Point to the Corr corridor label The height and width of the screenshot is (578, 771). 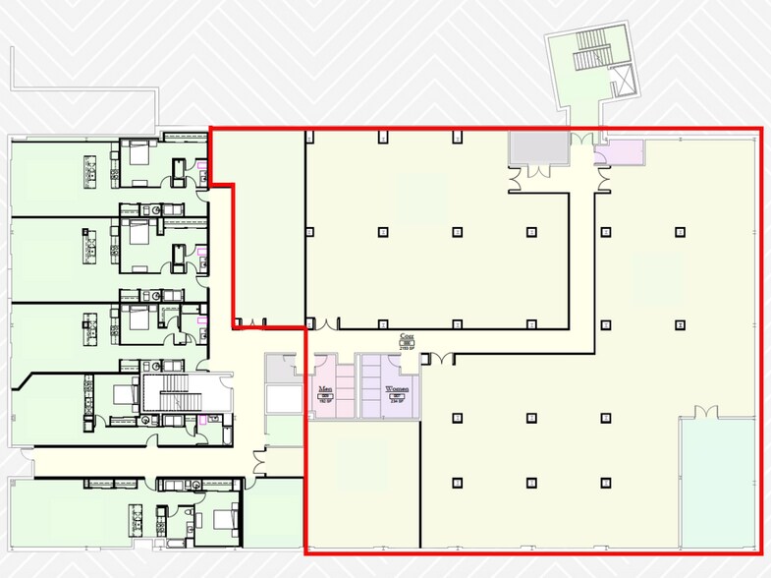coord(405,335)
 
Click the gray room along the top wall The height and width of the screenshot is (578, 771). coord(537,147)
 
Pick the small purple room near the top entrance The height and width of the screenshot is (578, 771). coord(626,151)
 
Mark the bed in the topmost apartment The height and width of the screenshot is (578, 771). coord(137,152)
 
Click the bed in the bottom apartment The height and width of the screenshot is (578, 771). coord(223,517)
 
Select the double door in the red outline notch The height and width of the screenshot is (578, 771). coord(249,321)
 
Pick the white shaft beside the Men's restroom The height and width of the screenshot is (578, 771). coord(284,398)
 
